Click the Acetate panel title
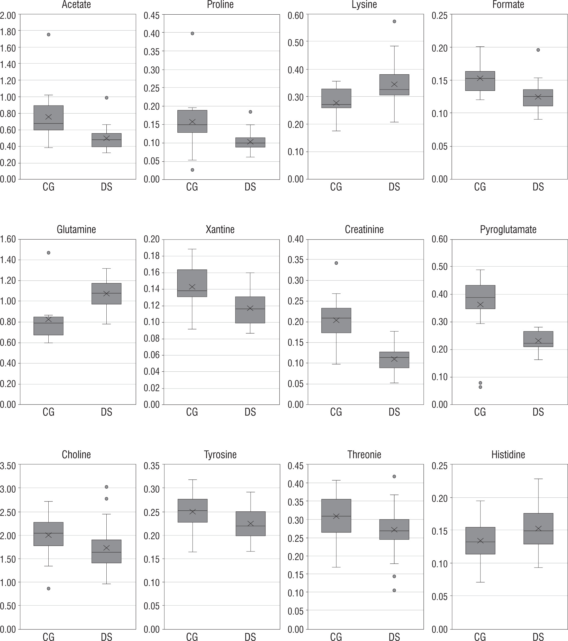coord(76,5)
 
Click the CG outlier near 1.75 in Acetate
coord(49,35)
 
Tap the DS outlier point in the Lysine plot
coord(394,21)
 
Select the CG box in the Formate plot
coord(480,81)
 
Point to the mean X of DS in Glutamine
coord(107,293)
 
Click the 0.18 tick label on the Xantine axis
coord(151,256)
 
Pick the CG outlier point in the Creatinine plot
coord(336,263)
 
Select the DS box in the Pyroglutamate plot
coord(538,339)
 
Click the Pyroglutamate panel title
coord(508,230)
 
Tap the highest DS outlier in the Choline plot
coord(107,487)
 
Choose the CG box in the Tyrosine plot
coord(192,511)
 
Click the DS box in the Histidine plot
coord(538,529)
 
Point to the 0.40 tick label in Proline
coord(151,33)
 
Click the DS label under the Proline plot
coord(250,187)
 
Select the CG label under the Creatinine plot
coord(336,412)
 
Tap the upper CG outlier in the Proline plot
coord(192,33)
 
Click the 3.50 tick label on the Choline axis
coord(8,466)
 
